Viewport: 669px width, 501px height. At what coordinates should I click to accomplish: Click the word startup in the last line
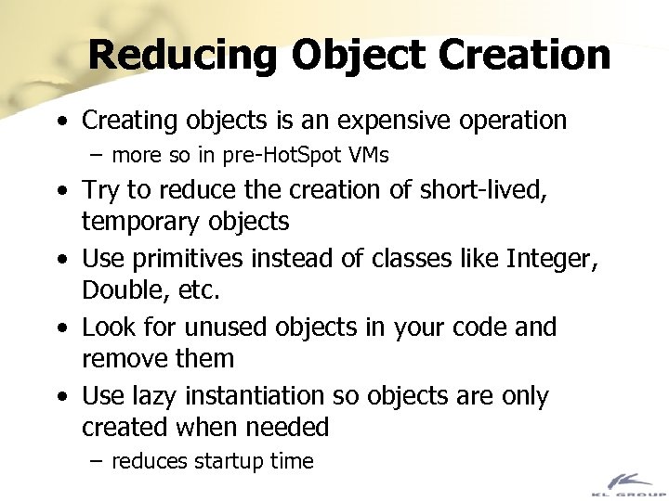click(227, 461)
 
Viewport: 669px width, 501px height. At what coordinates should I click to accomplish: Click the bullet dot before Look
click(60, 328)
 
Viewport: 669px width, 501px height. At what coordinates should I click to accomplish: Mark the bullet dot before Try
click(60, 191)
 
